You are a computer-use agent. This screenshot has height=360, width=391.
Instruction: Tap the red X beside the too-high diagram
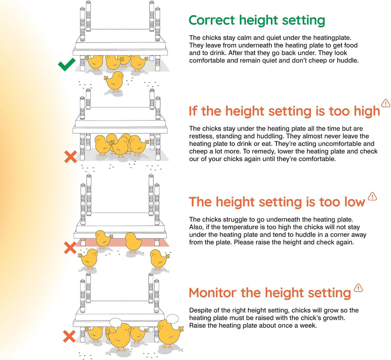tap(71, 156)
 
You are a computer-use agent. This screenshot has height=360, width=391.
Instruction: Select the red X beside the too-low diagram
tap(70, 248)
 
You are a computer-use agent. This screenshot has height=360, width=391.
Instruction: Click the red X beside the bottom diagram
tap(69, 336)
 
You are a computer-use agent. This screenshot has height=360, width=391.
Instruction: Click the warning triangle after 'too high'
tap(386, 103)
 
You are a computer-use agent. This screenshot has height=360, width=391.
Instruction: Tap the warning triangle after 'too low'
tap(372, 196)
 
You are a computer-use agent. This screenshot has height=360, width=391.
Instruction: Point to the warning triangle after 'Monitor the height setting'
tap(358, 288)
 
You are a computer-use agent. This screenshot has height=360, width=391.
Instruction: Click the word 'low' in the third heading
tap(355, 202)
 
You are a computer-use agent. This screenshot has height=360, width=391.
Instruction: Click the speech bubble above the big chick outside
tap(172, 319)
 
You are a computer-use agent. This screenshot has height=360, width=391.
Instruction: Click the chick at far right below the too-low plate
tap(159, 260)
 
